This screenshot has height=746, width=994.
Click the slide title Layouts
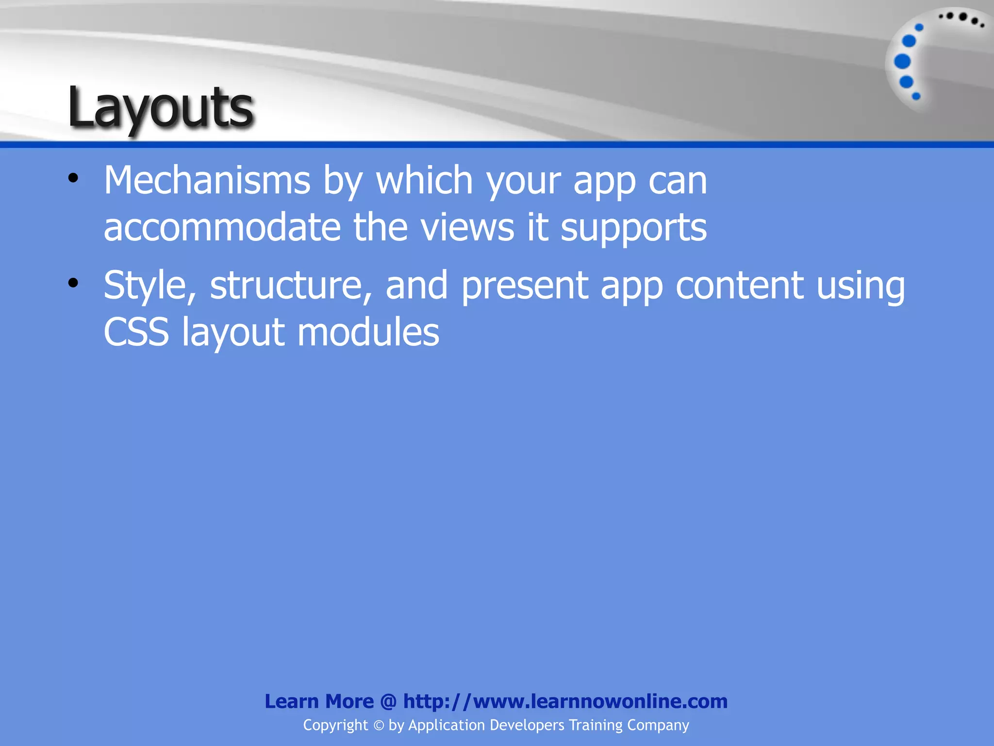click(x=160, y=108)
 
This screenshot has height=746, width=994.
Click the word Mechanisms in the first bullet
click(x=207, y=180)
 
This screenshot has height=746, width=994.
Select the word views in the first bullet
click(x=467, y=227)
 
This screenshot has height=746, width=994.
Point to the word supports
click(x=633, y=228)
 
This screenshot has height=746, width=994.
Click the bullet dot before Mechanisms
click(x=73, y=178)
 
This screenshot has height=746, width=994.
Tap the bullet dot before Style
click(x=73, y=283)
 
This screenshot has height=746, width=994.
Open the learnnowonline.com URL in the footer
click(x=565, y=701)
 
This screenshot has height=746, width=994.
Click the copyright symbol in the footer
click(x=379, y=726)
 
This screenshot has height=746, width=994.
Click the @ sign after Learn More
click(x=388, y=701)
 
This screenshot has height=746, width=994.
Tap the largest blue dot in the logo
click(x=902, y=62)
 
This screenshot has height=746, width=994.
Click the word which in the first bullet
click(x=424, y=180)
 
